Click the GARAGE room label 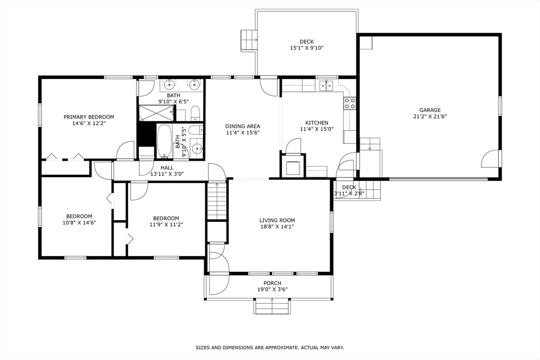click(x=430, y=110)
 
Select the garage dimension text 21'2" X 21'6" click(x=430, y=116)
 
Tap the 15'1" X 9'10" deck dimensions click(x=306, y=48)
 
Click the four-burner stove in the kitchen click(x=350, y=103)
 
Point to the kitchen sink click(x=327, y=85)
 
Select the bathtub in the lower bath click(x=165, y=141)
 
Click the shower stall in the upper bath click(x=156, y=113)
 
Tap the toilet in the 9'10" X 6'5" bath click(x=195, y=112)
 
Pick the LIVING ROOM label click(x=277, y=220)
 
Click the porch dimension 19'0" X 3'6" click(x=272, y=289)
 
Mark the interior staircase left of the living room click(x=216, y=200)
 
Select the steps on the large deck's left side click(x=248, y=40)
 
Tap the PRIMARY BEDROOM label click(x=89, y=117)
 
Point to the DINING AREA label click(x=243, y=126)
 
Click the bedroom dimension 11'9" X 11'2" click(x=166, y=225)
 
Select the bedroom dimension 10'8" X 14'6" click(x=79, y=222)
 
